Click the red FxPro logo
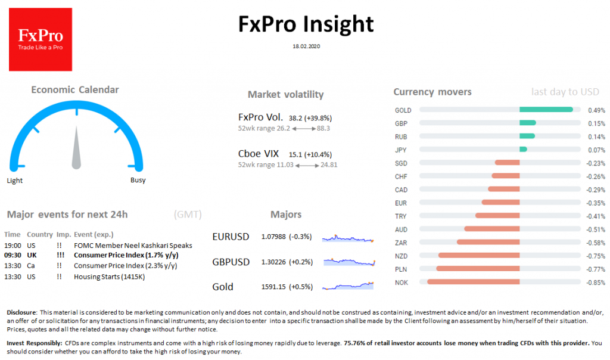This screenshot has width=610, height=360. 41,39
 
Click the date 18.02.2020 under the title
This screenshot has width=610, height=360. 305,45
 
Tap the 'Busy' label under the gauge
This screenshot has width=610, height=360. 138,181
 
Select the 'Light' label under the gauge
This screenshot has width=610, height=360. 15,181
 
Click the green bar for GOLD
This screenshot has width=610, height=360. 546,110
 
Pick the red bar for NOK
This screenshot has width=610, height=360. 473,282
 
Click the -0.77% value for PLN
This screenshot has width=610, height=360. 596,269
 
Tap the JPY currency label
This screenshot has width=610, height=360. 400,150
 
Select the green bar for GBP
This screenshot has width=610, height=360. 527,123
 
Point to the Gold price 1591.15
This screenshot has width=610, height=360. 274,287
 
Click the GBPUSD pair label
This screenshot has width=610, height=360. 231,262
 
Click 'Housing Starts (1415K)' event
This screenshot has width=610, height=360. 108,277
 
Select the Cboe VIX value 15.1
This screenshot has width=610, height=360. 295,154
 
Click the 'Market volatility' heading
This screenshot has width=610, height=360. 285,95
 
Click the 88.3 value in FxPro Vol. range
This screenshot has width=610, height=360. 323,128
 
